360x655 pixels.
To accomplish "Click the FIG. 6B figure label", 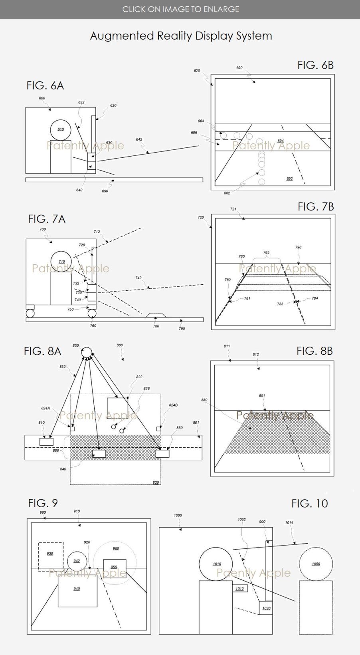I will point(315,65).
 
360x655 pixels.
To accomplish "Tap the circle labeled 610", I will point(61,129).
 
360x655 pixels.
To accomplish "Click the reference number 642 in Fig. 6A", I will point(139,139).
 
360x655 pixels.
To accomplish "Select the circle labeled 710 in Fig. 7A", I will point(61,262).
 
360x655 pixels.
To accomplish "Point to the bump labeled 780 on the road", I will point(156,316).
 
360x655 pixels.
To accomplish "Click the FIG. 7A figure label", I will point(46,219).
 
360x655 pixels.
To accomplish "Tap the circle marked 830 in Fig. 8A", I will point(87,352).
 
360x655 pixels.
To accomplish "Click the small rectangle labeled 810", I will point(46,441).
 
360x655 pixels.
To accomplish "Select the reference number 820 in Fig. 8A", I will point(156,482).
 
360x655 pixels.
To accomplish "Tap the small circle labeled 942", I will point(77,561).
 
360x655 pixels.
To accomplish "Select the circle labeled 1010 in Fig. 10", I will point(216,564).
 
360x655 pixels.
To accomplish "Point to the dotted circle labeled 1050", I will point(316,564).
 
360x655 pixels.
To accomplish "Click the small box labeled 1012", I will point(239,589).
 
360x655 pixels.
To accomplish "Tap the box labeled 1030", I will point(266,608).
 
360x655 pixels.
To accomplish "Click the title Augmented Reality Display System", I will point(181,36).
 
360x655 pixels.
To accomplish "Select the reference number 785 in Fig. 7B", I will point(266,252).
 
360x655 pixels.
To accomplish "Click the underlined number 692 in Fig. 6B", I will point(289,179).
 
